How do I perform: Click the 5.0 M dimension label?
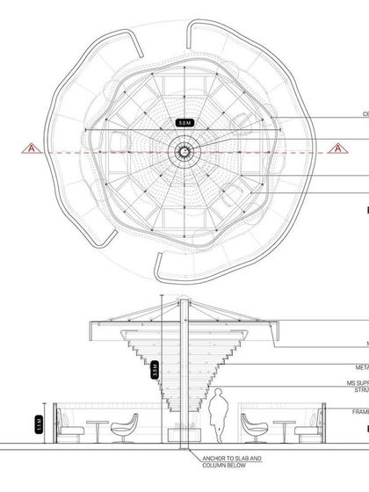(x=184, y=124)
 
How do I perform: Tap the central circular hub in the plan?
(x=184, y=152)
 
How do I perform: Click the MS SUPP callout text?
(x=355, y=384)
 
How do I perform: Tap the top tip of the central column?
(x=184, y=301)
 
